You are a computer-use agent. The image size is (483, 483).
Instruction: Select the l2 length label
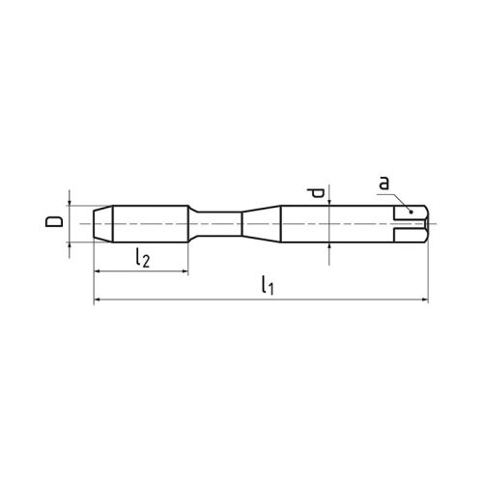coord(141,258)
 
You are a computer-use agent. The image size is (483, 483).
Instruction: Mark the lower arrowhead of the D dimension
coord(71,245)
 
